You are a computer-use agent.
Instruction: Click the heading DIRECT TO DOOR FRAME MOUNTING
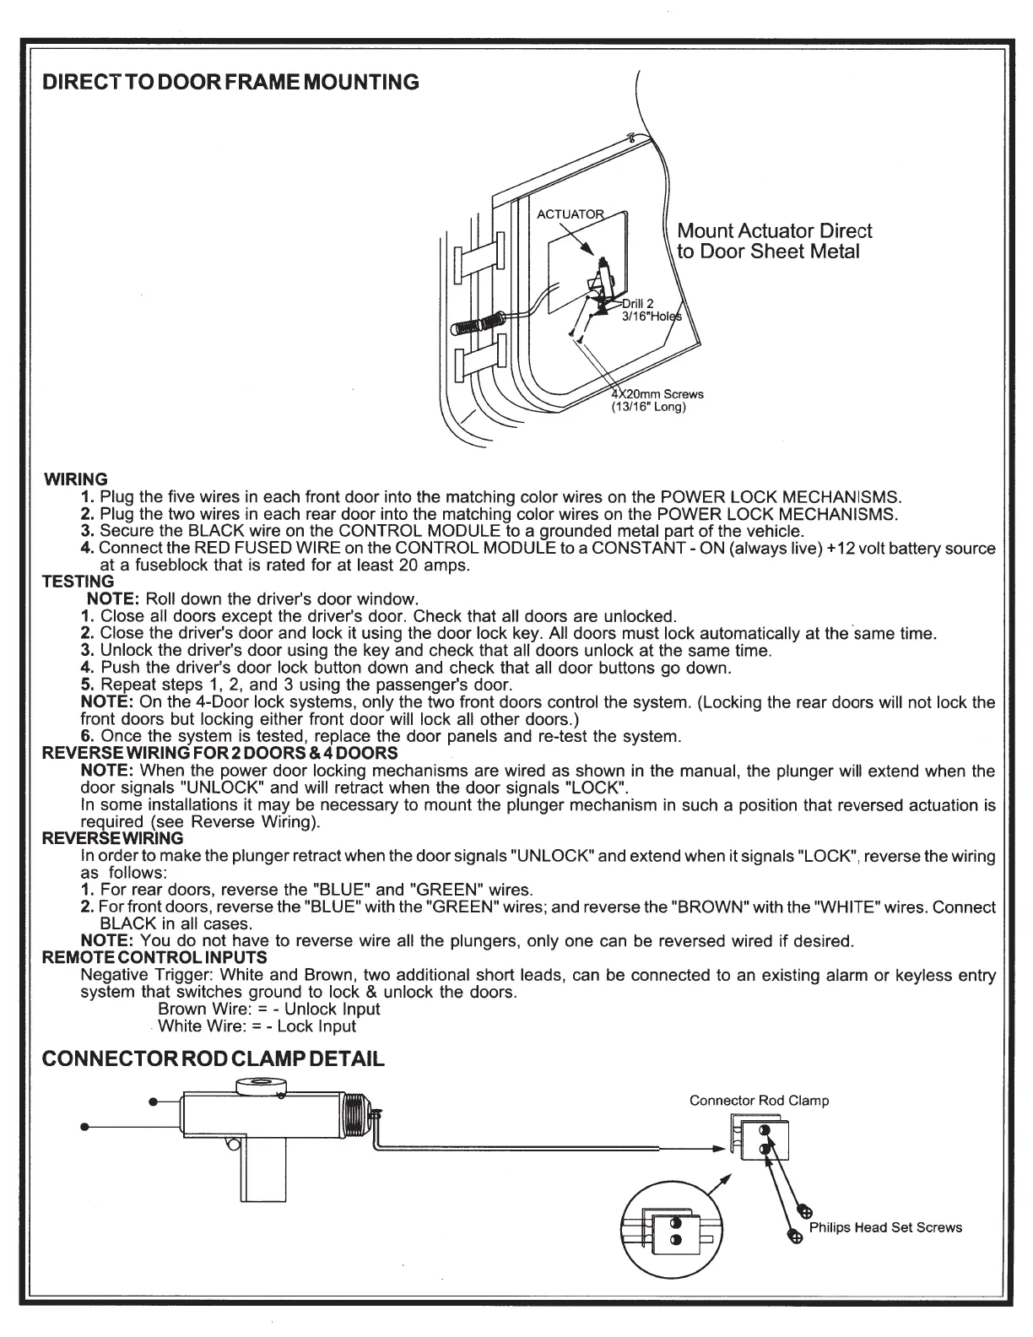(230, 82)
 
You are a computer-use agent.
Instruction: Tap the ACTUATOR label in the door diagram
(571, 214)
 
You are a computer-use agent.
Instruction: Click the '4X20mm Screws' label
(657, 394)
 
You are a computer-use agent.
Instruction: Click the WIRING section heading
(75, 479)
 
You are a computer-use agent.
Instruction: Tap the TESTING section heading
(78, 582)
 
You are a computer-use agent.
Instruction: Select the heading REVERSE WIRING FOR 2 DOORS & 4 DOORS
(220, 752)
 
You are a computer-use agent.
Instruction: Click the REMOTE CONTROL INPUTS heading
(154, 957)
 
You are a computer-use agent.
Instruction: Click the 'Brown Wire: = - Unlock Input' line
(269, 1009)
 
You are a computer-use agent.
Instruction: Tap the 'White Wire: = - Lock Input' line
(257, 1026)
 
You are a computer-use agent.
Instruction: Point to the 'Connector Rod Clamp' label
(759, 1101)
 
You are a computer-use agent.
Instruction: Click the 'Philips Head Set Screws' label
(885, 1227)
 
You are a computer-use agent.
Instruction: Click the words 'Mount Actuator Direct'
(775, 231)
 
